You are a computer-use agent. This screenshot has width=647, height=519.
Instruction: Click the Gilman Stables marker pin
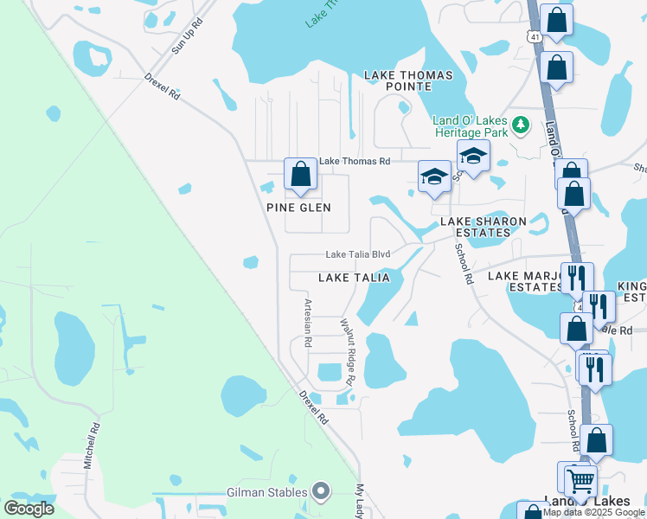tap(321, 492)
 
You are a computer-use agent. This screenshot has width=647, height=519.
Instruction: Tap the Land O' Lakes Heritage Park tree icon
tap(520, 126)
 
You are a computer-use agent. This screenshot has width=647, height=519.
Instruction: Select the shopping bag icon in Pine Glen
tap(299, 174)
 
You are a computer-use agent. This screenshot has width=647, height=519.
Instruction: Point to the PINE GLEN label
tap(298, 208)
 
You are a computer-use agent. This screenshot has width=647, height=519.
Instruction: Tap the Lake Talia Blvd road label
tap(358, 254)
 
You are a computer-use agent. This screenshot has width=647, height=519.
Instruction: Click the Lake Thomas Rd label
tap(356, 161)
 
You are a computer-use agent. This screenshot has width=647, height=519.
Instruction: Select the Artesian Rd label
tap(307, 324)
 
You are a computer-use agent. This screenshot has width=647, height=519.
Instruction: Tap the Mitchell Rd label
tap(92, 446)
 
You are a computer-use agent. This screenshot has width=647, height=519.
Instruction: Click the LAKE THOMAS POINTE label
tap(408, 81)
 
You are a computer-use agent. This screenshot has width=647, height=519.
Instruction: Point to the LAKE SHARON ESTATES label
tap(484, 227)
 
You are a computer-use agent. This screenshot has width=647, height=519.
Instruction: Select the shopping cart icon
tap(581, 481)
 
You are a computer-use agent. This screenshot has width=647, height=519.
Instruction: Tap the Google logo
tap(29, 509)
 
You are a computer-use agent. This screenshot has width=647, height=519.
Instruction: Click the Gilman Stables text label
tap(267, 492)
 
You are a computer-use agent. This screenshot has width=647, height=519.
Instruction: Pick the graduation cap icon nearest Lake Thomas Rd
tap(433, 177)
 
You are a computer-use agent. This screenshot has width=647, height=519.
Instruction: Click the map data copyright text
tap(594, 513)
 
